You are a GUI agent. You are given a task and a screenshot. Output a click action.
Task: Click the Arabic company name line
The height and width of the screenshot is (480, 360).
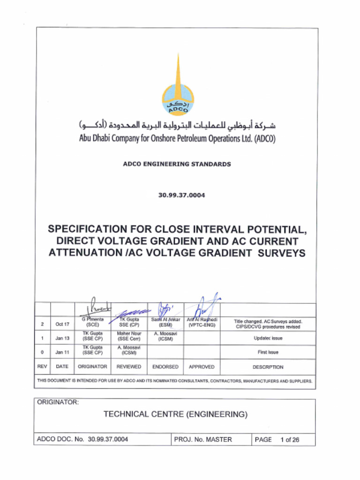point(177,126)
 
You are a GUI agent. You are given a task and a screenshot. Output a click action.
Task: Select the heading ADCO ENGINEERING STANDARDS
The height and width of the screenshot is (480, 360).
point(177,164)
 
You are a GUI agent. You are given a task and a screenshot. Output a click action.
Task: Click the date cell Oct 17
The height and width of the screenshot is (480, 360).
point(62,324)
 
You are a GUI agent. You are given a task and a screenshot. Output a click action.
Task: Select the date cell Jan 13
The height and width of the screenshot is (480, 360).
point(62,338)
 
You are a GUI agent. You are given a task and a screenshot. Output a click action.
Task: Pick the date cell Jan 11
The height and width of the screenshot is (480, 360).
point(62,352)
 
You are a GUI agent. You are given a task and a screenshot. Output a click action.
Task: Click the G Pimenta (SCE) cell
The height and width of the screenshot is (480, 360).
point(92,322)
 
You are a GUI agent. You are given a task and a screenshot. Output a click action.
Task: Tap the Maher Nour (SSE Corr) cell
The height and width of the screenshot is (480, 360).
point(128,336)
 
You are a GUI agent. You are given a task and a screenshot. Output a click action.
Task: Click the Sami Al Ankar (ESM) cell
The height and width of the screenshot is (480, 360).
point(165,322)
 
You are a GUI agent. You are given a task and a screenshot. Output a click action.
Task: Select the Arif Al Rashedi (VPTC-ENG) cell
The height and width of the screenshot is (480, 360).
point(202,322)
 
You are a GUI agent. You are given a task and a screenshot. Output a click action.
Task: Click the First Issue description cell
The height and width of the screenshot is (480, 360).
point(268,352)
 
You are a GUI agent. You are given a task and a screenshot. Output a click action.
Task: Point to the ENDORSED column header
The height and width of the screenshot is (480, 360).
point(165,367)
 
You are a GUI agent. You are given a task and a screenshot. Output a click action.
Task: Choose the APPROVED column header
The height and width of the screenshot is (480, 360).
point(202,367)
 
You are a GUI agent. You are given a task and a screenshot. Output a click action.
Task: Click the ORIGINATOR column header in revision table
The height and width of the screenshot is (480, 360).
point(92,367)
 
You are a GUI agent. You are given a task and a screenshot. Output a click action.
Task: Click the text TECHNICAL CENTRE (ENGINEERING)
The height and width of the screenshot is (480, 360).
point(175,414)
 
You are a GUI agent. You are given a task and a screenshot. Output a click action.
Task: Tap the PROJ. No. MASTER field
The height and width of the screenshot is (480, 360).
point(202,440)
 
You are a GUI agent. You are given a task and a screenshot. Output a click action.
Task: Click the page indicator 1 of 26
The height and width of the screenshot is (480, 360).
point(289,440)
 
